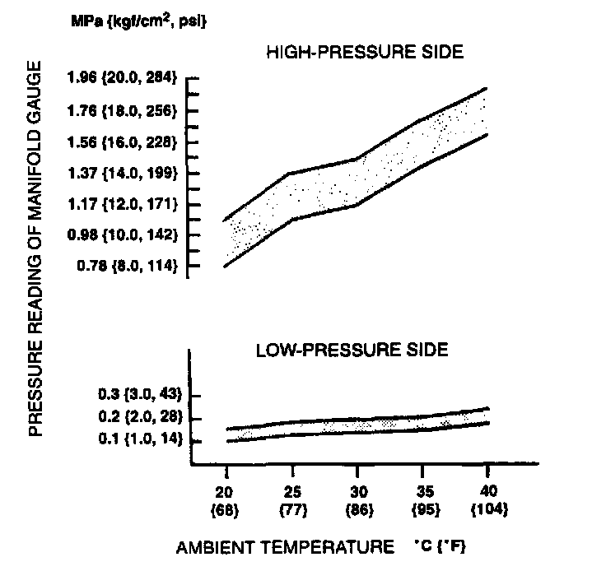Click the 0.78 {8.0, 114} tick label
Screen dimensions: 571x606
pos(126,266)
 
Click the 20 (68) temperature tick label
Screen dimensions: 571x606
pos(226,500)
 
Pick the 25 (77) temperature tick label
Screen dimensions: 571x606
pos(291,500)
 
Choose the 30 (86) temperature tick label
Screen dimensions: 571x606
pos(357,500)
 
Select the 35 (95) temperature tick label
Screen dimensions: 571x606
pos(422,500)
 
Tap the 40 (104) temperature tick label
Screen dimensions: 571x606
pos(487,500)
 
